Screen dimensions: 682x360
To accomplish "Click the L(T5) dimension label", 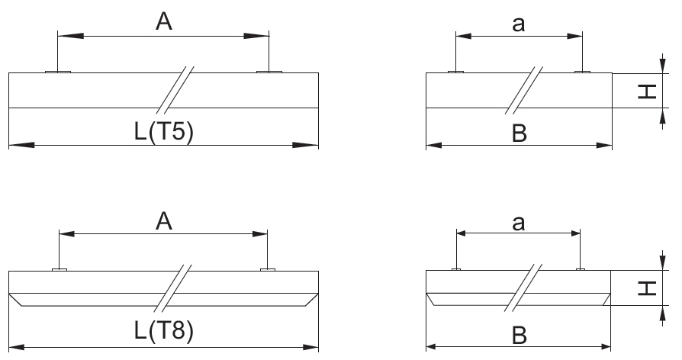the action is [x=164, y=131].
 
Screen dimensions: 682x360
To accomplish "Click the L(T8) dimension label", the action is [x=164, y=331].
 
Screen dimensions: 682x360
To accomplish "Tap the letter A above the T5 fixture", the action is [x=163, y=22].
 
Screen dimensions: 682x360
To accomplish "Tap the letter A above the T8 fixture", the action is [x=163, y=221].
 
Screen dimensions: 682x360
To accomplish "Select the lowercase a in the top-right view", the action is [x=519, y=24].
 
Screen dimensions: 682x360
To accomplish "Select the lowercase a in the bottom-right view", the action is [x=519, y=223].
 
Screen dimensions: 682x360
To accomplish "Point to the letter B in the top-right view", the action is [x=520, y=133].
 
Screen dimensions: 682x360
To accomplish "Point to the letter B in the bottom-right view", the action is [x=520, y=336].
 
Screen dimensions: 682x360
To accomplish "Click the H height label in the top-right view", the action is [x=647, y=92].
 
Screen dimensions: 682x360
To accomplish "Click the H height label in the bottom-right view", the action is [x=647, y=288].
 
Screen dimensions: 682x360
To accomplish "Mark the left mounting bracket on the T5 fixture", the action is [x=58, y=72].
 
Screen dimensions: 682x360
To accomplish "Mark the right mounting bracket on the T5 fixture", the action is [x=269, y=72].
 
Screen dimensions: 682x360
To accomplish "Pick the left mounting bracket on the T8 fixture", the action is [x=60, y=270].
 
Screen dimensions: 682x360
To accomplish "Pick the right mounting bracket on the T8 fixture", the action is [x=268, y=270].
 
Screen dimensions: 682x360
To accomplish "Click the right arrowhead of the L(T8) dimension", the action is [x=305, y=347].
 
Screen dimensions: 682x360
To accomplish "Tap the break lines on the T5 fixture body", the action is [x=175, y=89].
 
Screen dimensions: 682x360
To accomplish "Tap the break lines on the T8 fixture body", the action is [x=172, y=288].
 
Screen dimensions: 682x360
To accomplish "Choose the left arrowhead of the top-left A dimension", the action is [x=70, y=36].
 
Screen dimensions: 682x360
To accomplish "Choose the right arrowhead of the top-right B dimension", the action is [x=604, y=145].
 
